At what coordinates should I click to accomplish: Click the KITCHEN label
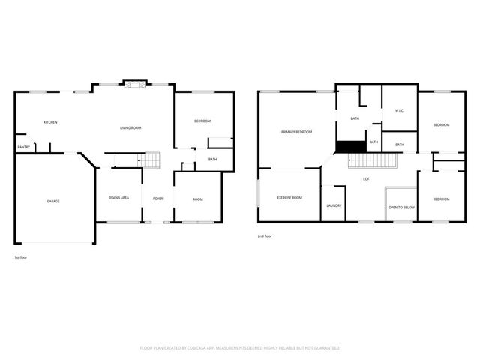click(x=50, y=122)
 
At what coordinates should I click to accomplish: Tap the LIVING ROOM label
click(x=130, y=128)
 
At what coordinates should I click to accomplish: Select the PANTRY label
click(x=24, y=147)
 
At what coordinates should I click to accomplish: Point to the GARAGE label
click(x=53, y=201)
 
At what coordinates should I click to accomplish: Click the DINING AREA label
click(x=119, y=197)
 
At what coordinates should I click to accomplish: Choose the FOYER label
click(x=158, y=198)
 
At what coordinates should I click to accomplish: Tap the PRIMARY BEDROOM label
click(x=296, y=132)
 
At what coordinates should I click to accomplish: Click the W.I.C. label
click(x=400, y=111)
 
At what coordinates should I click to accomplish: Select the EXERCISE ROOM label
click(x=289, y=197)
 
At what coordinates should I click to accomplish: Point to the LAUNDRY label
click(x=334, y=205)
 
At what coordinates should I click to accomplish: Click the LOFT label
click(x=367, y=179)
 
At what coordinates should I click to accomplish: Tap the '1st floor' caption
click(x=22, y=257)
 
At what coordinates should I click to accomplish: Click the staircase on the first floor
click(x=152, y=160)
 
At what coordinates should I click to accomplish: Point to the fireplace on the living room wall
click(x=134, y=85)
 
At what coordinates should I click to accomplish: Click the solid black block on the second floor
click(x=349, y=147)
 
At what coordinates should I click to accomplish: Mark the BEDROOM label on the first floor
click(x=202, y=121)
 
